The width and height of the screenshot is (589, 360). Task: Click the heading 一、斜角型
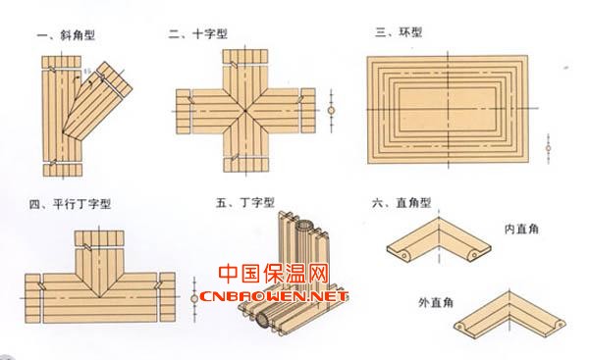[x=66, y=35]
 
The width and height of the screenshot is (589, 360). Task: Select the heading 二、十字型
[x=198, y=34]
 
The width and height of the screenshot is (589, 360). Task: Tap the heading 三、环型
[x=399, y=32]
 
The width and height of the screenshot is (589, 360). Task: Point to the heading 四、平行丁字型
[x=70, y=204]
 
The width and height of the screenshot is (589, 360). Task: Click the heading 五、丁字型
[x=244, y=203]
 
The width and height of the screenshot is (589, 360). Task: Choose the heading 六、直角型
[x=402, y=203]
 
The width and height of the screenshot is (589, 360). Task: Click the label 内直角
[x=521, y=229]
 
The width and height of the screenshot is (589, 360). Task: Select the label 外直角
[x=436, y=302]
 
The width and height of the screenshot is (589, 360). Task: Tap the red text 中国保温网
[x=274, y=274]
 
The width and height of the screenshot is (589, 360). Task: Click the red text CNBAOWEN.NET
[x=274, y=296]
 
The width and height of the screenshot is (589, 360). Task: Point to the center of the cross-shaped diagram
[x=245, y=111]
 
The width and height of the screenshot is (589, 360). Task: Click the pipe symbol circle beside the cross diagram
[x=332, y=111]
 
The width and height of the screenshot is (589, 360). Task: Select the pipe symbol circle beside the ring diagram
[x=549, y=148]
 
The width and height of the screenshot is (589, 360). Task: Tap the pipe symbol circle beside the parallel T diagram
[x=194, y=298]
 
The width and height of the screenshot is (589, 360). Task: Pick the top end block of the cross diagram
[x=245, y=56]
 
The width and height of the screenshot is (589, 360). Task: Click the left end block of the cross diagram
[x=184, y=112]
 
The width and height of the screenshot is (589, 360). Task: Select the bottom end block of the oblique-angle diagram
[x=63, y=170]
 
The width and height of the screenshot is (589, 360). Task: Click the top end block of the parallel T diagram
[x=99, y=238]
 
